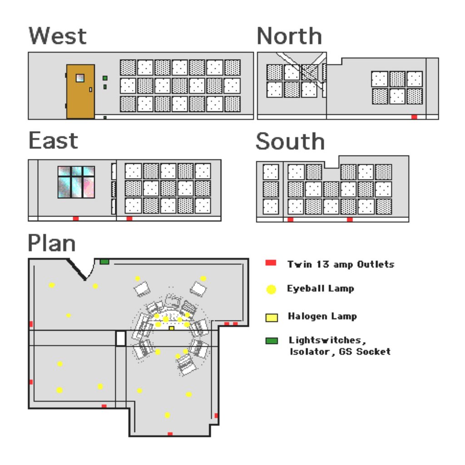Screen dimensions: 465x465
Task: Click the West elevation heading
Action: [58, 36]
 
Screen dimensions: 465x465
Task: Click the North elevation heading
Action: [289, 36]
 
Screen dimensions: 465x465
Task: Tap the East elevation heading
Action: [54, 141]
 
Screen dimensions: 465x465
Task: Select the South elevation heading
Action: [290, 141]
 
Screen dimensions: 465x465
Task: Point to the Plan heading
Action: [52, 243]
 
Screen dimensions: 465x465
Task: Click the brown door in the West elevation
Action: [80, 92]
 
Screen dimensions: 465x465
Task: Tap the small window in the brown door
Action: [80, 78]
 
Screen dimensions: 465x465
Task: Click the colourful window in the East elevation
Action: [76, 182]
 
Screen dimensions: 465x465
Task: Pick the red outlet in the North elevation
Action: [414, 117]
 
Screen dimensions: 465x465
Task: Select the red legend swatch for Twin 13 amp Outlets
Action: [271, 263]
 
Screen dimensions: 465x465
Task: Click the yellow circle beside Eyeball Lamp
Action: [271, 289]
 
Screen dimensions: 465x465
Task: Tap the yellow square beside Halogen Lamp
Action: [272, 317]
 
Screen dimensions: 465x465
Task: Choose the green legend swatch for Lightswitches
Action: [272, 341]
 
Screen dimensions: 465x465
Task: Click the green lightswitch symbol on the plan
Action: [104, 262]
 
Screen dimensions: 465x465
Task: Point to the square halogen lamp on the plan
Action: [171, 328]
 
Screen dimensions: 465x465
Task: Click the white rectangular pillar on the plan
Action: [120, 338]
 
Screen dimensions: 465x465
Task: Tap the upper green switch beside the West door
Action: [105, 78]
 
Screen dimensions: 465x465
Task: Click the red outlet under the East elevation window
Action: [76, 218]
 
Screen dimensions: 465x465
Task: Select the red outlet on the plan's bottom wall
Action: [170, 434]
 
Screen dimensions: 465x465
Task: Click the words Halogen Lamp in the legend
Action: [322, 317]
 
